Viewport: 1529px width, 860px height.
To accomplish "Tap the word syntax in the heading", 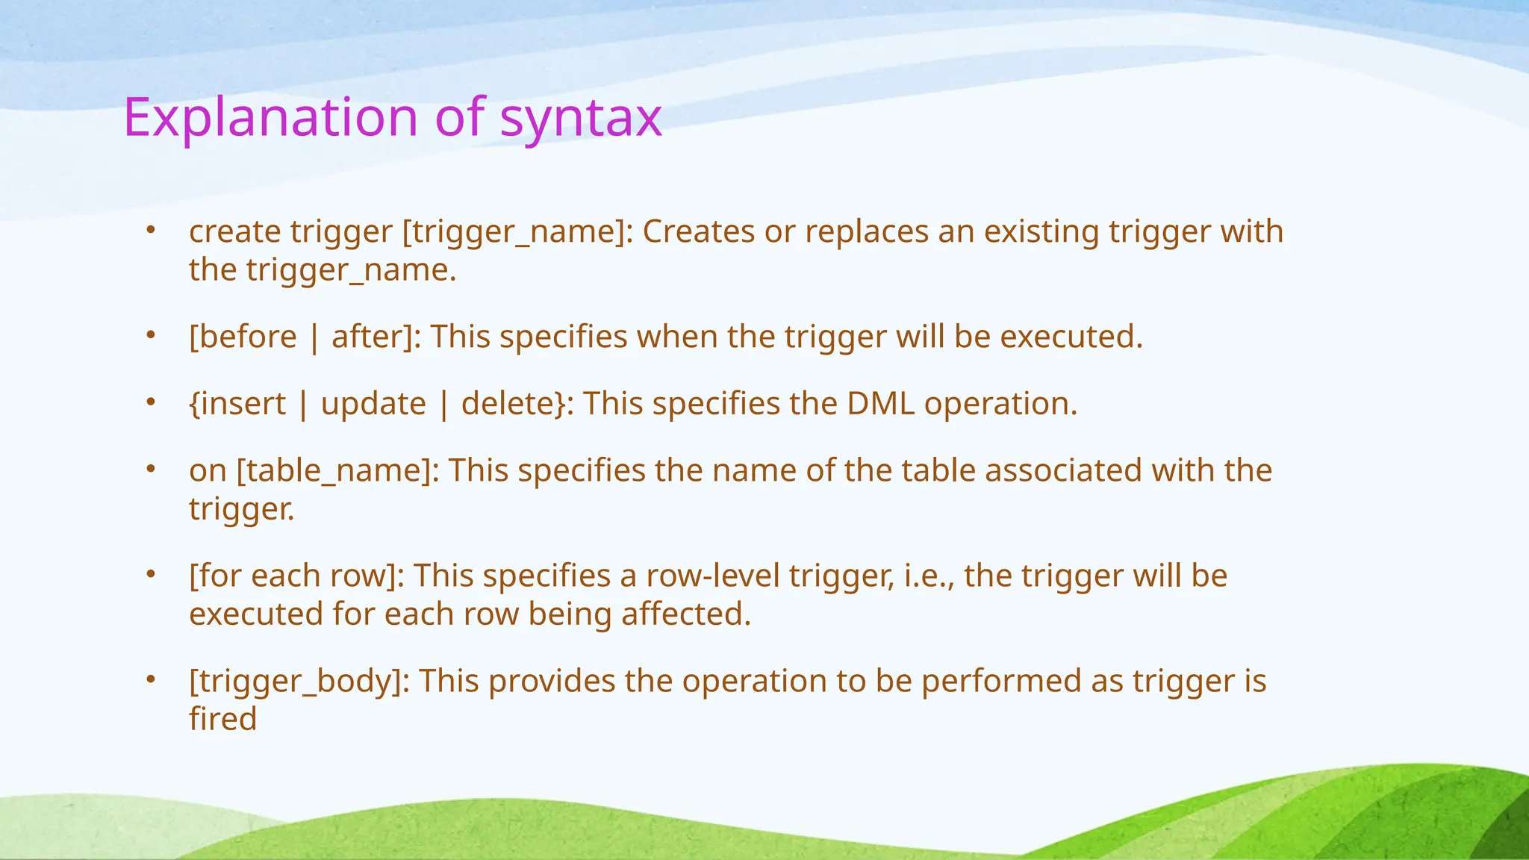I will click(580, 118).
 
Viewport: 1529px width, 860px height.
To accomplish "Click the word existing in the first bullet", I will click(1041, 231).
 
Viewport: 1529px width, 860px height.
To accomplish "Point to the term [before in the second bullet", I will click(243, 337).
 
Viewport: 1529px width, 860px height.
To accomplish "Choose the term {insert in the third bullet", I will click(237, 404).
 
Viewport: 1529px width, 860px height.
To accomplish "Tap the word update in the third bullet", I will click(373, 404).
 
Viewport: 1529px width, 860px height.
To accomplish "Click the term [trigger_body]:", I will click(299, 682).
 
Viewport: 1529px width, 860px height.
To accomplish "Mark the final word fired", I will click(222, 719).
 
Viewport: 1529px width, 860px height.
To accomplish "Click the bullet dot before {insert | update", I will click(150, 402).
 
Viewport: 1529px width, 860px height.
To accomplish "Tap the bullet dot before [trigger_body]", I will click(150, 680).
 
